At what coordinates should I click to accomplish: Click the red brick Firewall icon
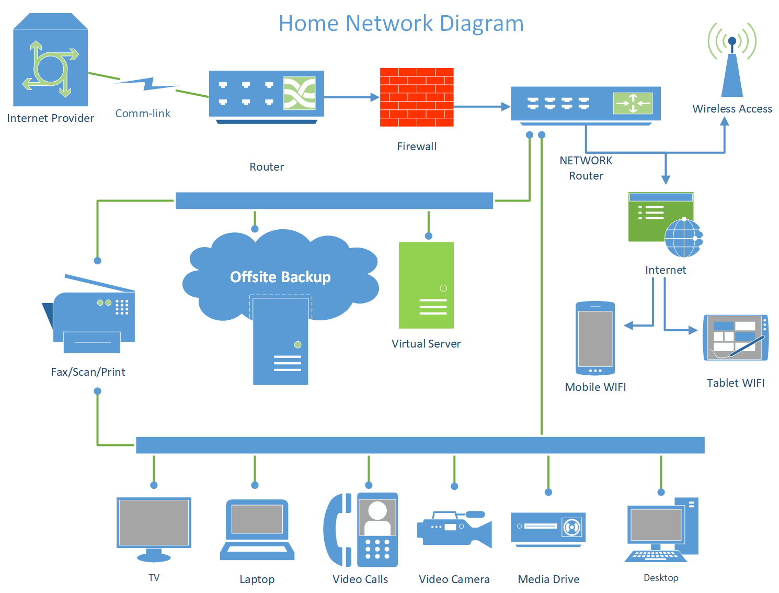pos(417,97)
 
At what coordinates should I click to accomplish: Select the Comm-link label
pos(143,114)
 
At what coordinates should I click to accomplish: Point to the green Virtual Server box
pos(426,285)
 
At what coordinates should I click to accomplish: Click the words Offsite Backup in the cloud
pos(280,277)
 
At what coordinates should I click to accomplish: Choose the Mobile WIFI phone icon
pos(595,338)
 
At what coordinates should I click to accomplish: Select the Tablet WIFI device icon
pos(736,338)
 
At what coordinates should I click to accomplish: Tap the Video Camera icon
pos(454,529)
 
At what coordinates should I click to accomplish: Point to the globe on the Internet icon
pos(683,238)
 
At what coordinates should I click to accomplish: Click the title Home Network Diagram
pos(401,24)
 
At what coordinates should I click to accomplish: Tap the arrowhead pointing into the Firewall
pos(375,97)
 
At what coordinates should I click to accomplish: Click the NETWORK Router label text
pos(586,168)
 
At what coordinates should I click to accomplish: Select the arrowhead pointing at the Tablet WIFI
pos(693,330)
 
